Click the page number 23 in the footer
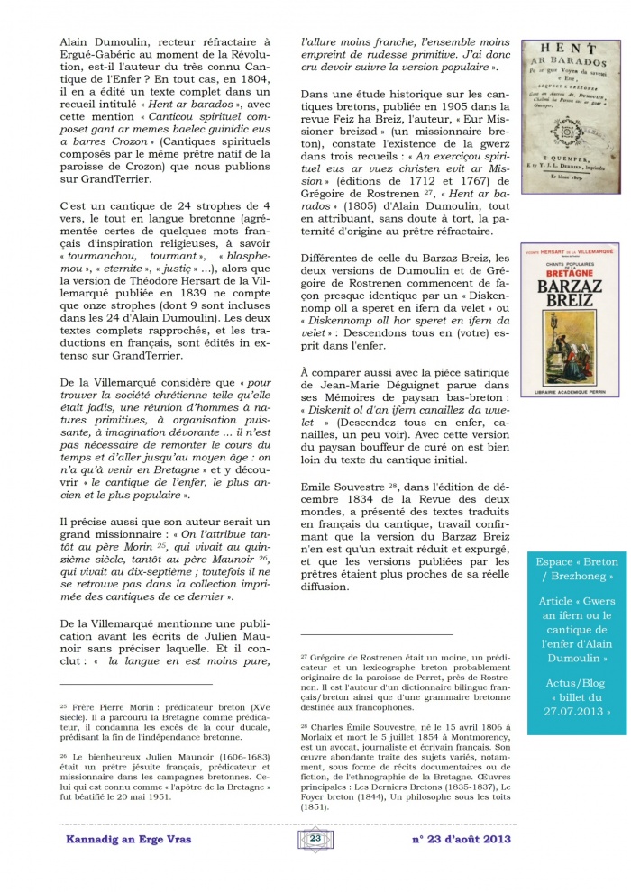[x=315, y=838]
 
